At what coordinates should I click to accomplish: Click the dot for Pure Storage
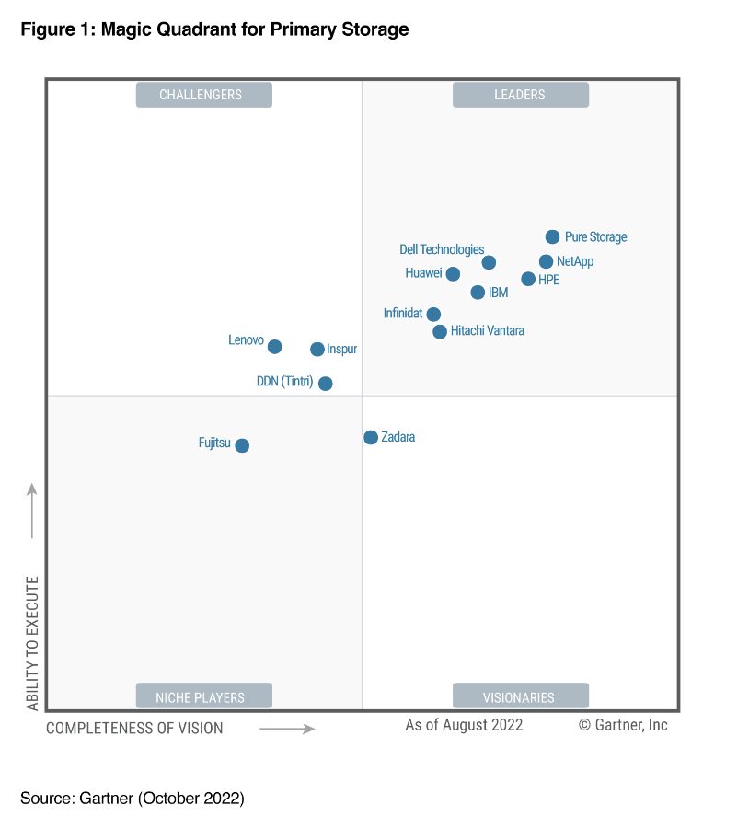(x=552, y=237)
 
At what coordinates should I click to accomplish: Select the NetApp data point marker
(x=546, y=261)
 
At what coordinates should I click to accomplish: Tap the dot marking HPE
(x=528, y=279)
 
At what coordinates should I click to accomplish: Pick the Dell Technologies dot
(x=489, y=262)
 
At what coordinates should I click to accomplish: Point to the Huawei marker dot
(x=453, y=273)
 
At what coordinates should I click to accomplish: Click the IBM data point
(x=478, y=293)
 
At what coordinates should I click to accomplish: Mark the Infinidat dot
(x=433, y=314)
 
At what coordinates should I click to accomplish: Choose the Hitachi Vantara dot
(x=440, y=331)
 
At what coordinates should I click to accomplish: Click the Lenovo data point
(x=274, y=347)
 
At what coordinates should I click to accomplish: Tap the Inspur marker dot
(x=317, y=350)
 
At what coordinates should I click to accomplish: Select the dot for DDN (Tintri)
(x=325, y=384)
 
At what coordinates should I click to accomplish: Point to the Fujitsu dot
(x=242, y=445)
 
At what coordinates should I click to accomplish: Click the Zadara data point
(x=371, y=438)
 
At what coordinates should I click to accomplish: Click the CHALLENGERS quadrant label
(x=203, y=95)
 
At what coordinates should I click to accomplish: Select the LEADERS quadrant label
(x=520, y=95)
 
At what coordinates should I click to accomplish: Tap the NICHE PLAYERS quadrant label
(x=203, y=696)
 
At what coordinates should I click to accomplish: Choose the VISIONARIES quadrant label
(x=520, y=696)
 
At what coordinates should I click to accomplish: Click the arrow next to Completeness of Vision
(x=287, y=729)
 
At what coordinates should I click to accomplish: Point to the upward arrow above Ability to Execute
(x=32, y=511)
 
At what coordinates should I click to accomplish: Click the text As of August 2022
(x=464, y=725)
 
